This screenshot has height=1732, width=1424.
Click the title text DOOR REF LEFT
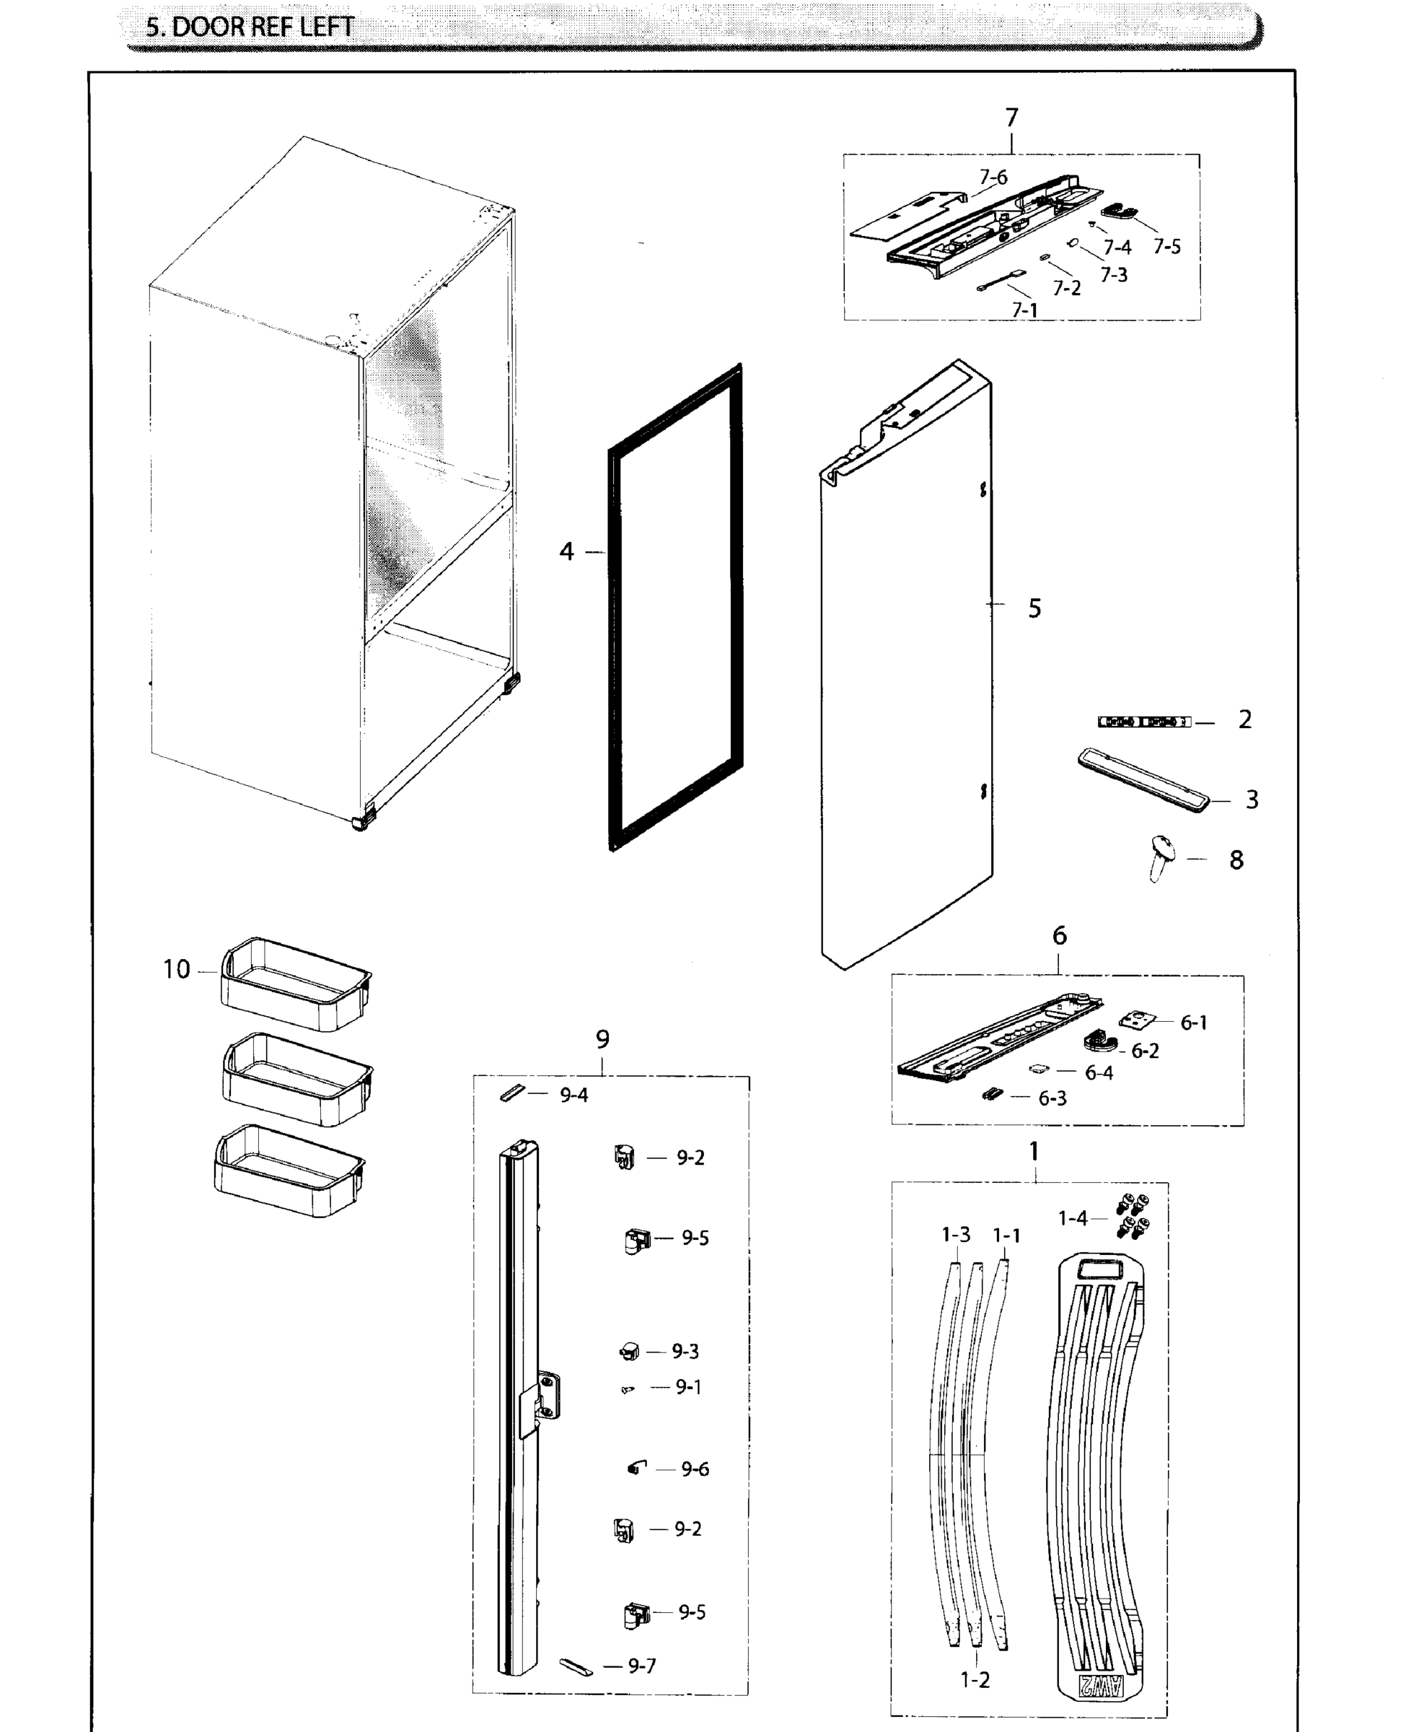point(250,27)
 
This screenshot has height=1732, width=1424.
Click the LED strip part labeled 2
point(1143,721)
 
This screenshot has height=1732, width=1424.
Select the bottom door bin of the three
point(289,1171)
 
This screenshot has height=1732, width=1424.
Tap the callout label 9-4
point(573,1095)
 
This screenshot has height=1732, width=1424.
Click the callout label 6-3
point(1052,1098)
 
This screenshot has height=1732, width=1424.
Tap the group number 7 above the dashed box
point(1011,118)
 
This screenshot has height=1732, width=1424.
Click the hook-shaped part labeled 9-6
point(636,1467)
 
